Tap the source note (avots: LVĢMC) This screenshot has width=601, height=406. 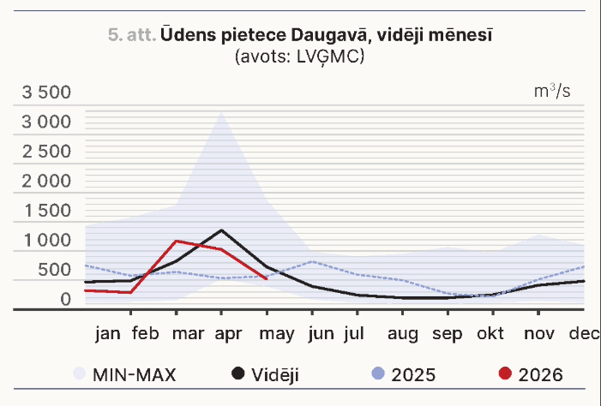[x=299, y=57]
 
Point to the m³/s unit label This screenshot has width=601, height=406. [x=552, y=91]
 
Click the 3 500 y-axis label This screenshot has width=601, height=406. [x=46, y=93]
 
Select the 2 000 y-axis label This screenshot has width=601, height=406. [x=46, y=182]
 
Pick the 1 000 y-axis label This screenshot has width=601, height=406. [x=47, y=240]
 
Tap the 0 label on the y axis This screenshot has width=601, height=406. [x=66, y=299]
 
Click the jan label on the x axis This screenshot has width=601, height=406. [x=108, y=333]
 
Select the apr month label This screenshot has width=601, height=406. [x=228, y=334]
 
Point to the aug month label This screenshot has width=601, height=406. [x=402, y=334]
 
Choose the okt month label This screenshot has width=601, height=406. [x=490, y=333]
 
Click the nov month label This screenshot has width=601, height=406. [x=539, y=334]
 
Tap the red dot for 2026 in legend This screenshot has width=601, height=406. [x=505, y=373]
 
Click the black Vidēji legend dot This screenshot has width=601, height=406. [x=238, y=373]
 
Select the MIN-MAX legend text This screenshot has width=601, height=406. [x=134, y=374]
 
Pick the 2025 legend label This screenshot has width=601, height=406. [x=413, y=374]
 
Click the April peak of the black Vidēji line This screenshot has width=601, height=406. [x=221, y=230]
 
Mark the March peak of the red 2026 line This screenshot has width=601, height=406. [x=176, y=241]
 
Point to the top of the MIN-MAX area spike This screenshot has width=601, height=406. [x=221, y=112]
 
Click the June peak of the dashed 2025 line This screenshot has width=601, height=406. [x=313, y=261]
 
